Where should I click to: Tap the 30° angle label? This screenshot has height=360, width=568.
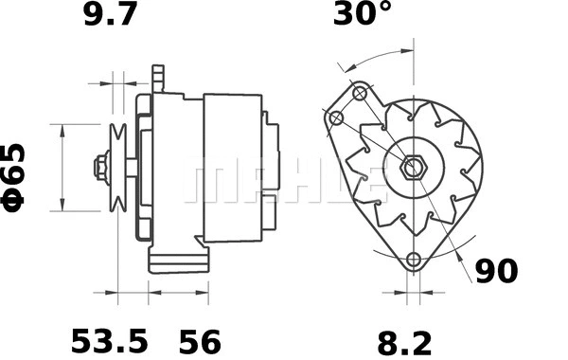363,16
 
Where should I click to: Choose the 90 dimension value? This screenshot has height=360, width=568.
496,271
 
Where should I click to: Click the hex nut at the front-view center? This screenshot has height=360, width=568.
413,169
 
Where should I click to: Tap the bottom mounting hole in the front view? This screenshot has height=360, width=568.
413,261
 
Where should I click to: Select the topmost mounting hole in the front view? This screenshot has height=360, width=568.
360,93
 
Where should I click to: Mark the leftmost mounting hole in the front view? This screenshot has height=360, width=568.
335,117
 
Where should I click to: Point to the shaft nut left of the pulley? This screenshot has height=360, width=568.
99,168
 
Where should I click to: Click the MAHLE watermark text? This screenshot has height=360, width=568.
284,180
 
